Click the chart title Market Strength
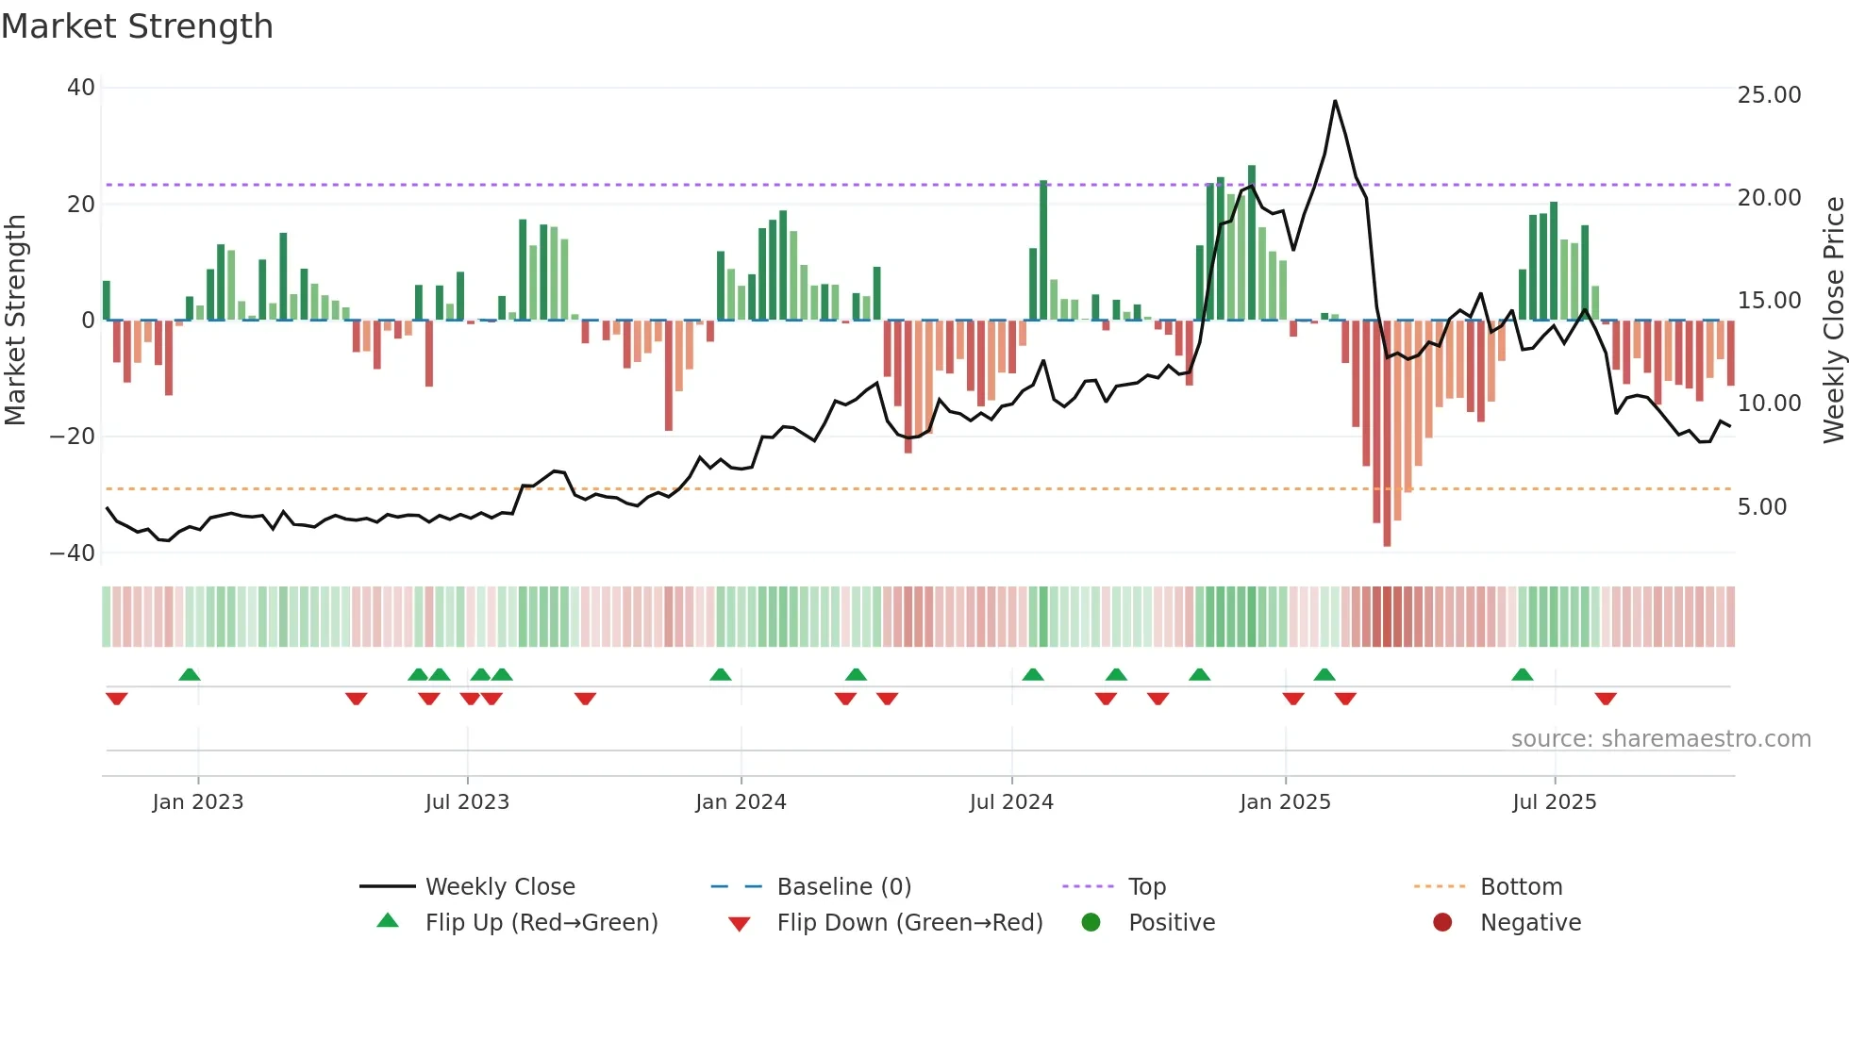137,26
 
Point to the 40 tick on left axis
81,88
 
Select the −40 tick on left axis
73,553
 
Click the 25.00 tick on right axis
1769,95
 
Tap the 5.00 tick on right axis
1762,507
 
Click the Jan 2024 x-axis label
741,802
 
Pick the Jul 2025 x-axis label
1554,802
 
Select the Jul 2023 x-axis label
467,802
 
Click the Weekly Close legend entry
499,887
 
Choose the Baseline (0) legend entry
843,887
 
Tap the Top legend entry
1146,887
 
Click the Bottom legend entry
1521,887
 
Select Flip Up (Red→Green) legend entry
541,923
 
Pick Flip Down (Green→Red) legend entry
909,923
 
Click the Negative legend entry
1529,923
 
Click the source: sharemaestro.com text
1660,739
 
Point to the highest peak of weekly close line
1335,101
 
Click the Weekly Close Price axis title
1833,321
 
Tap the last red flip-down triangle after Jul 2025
1606,699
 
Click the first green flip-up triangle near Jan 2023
190,674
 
